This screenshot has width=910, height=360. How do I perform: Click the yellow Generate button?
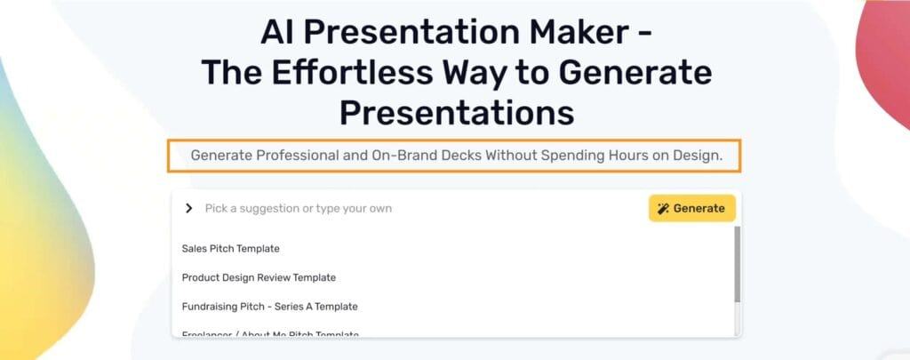click(x=691, y=208)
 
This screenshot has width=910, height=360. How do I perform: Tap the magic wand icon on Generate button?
click(x=663, y=209)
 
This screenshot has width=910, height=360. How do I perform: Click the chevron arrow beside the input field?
click(x=188, y=208)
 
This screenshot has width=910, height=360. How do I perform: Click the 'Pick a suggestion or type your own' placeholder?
click(x=298, y=208)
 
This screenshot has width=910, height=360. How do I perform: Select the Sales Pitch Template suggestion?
click(x=230, y=248)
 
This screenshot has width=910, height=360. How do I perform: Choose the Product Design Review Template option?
click(x=259, y=277)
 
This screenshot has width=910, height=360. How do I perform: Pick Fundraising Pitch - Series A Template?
click(x=269, y=307)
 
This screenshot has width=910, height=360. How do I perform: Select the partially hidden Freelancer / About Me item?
click(x=269, y=334)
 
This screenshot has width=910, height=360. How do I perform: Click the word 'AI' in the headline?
click(x=278, y=34)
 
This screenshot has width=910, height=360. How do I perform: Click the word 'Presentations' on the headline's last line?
click(x=456, y=112)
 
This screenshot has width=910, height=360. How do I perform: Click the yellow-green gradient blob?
click(x=40, y=231)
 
